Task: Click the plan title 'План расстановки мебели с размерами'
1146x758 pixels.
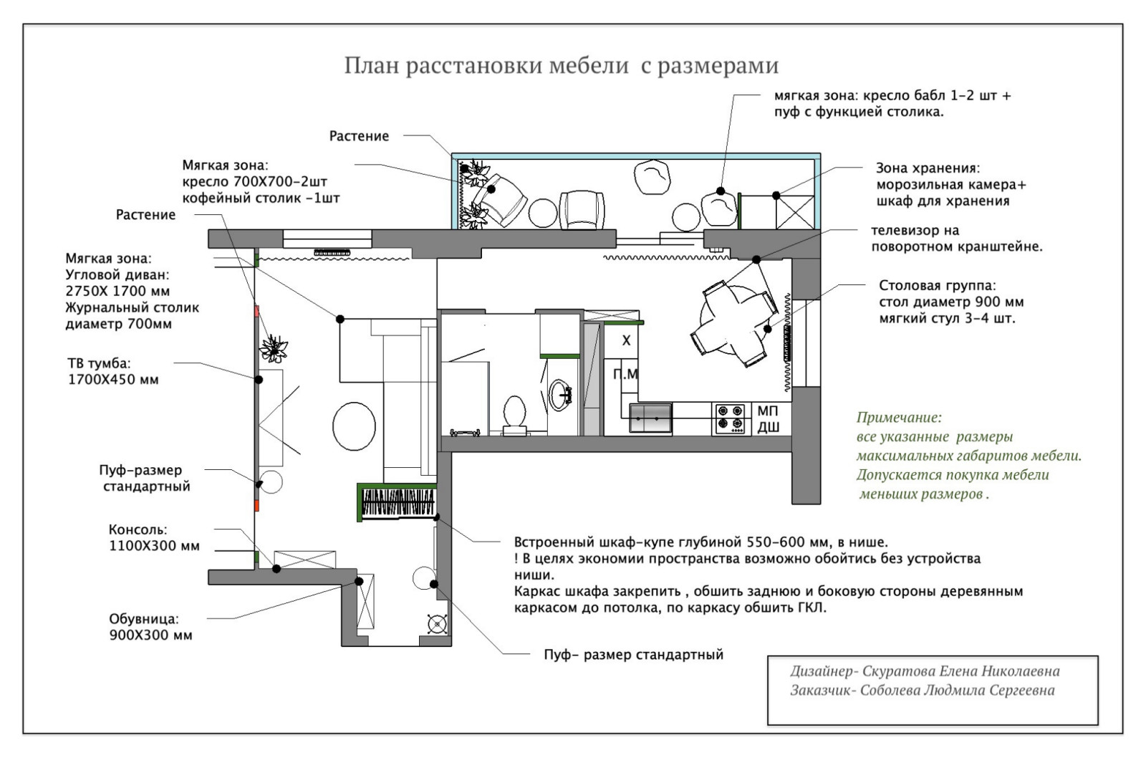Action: coord(561,66)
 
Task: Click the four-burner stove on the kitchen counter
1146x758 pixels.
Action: coord(730,418)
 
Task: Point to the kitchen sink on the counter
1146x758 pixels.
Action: coord(650,418)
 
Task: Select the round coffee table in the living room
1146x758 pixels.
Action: coord(354,425)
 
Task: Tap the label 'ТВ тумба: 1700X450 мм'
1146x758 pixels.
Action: coord(112,372)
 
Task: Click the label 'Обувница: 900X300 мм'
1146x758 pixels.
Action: coord(150,627)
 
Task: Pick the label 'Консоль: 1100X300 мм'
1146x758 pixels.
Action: coord(153,538)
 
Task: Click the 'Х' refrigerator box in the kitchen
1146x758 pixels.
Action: coord(625,340)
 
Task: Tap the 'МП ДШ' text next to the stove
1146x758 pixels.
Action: coord(769,419)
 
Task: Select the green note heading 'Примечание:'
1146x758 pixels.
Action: coord(899,417)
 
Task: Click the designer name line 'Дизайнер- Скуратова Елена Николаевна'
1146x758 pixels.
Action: coord(924,671)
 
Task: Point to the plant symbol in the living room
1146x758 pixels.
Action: coord(274,348)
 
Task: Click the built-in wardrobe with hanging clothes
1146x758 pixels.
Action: coord(398,502)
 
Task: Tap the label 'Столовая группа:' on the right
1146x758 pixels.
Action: coord(937,285)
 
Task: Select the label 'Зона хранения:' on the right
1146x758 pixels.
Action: coord(927,168)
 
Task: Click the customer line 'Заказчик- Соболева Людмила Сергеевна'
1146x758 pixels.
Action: coord(922,691)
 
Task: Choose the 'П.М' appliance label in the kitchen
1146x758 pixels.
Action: coord(625,374)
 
